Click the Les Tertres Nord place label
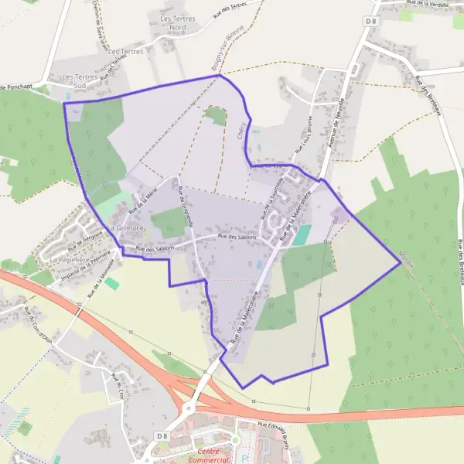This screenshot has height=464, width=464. [x=172, y=22]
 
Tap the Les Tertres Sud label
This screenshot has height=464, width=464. [x=80, y=82]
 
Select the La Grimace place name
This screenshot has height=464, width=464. [x=127, y=229]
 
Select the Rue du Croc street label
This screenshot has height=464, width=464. [x=118, y=385]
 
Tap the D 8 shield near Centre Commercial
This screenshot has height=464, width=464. [x=162, y=436]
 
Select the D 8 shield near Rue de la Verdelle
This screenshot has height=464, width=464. [x=372, y=20]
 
